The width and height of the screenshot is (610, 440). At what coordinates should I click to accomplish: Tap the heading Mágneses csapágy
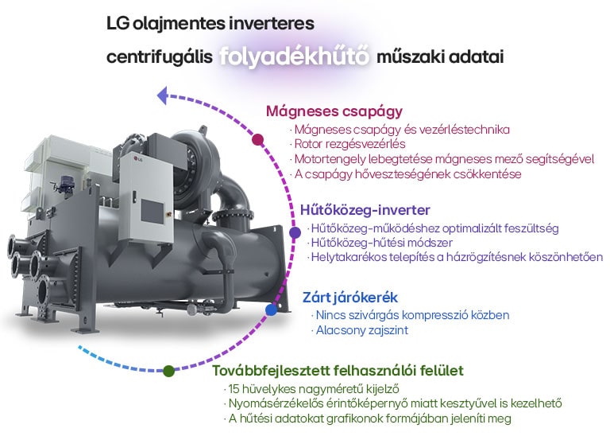pos(334,111)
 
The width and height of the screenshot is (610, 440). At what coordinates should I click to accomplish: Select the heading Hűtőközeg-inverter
pos(365,210)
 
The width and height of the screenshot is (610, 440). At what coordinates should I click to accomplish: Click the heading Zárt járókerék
pos(350,298)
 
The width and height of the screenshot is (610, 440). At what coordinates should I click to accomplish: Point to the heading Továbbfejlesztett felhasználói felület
pos(338,371)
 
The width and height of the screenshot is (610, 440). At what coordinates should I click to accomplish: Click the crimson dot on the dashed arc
pos(257,139)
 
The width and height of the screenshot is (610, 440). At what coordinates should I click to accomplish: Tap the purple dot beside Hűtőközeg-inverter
pos(295,232)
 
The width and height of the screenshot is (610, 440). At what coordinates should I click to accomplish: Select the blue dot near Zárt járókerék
pos(271,310)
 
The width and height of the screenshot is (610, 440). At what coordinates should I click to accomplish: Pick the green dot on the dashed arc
pos(168,371)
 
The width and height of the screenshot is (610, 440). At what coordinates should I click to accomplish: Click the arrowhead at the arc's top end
pos(163,96)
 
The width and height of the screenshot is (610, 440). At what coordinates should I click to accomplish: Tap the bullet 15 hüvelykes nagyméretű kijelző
pos(313,389)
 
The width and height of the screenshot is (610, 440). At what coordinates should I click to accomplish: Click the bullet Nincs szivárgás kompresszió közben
pos(411,315)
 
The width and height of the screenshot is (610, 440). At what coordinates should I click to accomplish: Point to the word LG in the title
pos(118,24)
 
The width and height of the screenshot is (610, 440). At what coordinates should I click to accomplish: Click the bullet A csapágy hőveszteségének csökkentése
pos(407,174)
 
